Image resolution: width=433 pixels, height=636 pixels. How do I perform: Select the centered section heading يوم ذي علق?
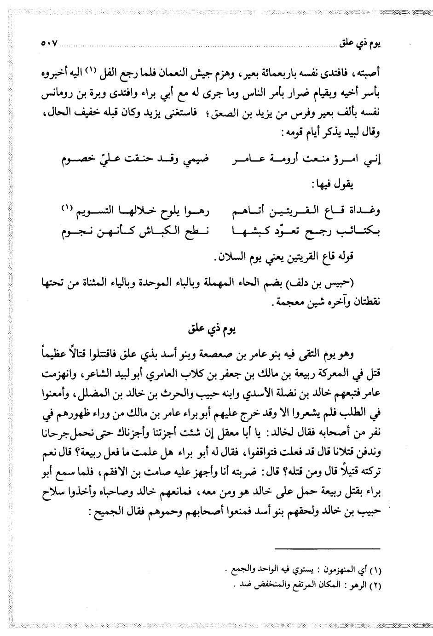(x=216, y=329)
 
